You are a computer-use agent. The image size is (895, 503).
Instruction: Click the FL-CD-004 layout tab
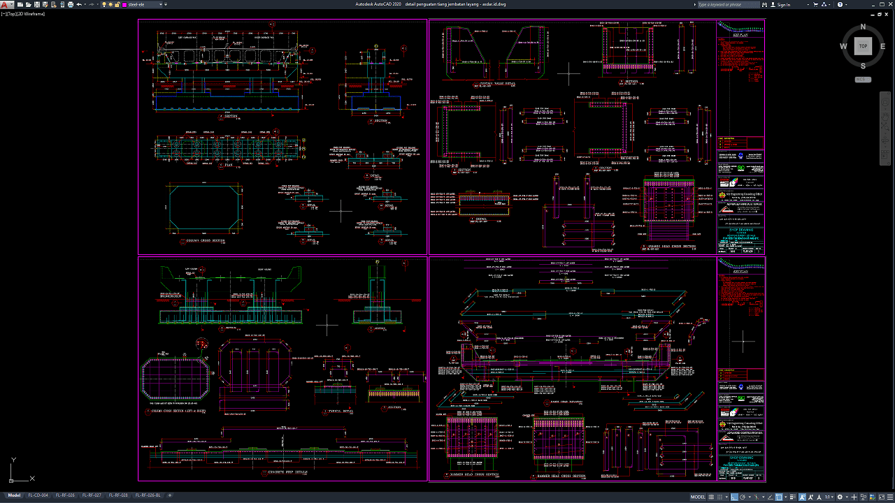38,495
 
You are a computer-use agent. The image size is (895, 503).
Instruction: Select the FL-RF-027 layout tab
92,495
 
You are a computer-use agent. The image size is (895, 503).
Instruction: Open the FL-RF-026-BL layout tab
148,495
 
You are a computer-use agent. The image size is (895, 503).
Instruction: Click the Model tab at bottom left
14,495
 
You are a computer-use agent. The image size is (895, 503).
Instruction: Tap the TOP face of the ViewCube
863,46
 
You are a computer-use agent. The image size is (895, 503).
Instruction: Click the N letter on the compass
863,27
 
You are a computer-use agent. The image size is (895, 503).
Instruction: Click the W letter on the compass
844,47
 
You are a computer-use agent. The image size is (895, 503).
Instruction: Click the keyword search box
727,5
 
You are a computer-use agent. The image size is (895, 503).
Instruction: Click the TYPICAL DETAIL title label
341,412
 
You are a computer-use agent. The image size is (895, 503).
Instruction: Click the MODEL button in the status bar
698,497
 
